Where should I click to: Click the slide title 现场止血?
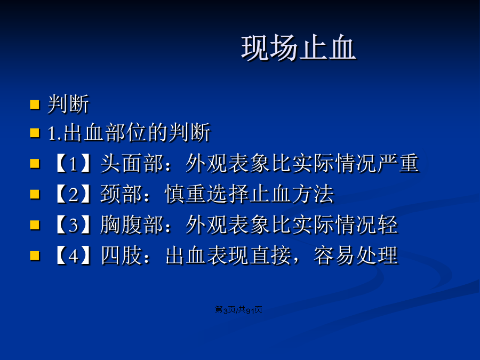point(299,47)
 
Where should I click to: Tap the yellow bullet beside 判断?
point(35,105)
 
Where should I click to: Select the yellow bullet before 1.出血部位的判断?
point(35,133)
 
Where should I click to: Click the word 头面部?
point(132,163)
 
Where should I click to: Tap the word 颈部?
point(122,194)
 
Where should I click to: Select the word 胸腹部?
point(132,225)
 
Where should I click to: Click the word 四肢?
point(122,255)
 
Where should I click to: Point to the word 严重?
point(398,163)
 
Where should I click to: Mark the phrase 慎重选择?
point(206,194)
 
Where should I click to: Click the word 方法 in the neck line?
point(312,194)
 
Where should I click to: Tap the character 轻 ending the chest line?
point(388,225)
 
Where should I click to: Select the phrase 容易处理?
point(356,255)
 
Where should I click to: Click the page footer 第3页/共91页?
point(238,310)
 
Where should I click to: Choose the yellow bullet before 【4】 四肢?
point(35,255)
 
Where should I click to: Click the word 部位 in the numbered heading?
point(125,133)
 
